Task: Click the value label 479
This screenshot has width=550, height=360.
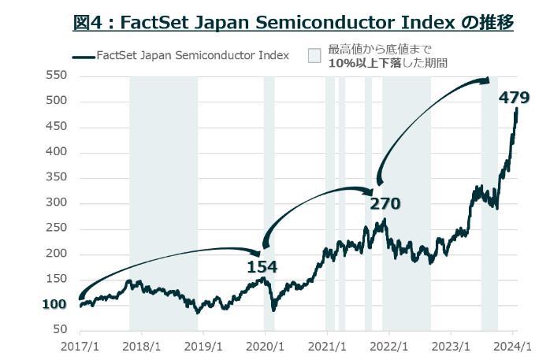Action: click(515, 98)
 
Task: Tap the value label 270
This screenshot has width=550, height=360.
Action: click(385, 204)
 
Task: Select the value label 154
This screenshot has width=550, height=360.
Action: click(262, 267)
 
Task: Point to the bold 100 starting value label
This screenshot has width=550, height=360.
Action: click(54, 305)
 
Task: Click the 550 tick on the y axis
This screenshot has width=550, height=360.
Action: click(56, 76)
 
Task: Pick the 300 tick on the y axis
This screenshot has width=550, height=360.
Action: click(56, 203)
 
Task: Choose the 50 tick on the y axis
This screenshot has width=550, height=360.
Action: click(59, 330)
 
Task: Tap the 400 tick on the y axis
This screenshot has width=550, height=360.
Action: click(56, 152)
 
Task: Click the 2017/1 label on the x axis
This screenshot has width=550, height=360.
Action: click(80, 346)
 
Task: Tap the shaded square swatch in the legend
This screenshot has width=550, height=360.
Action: click(314, 56)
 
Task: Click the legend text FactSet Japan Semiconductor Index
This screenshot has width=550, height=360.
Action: click(192, 56)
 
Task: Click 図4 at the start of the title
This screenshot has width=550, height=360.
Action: click(87, 23)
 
